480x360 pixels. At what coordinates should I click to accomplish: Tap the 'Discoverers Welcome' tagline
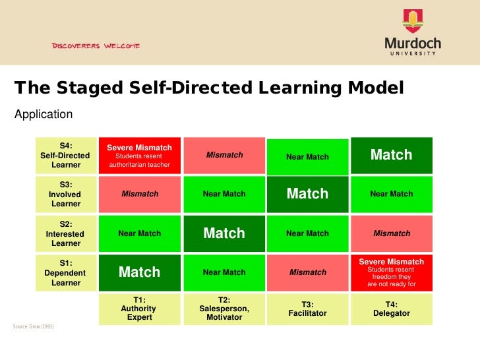tap(96, 46)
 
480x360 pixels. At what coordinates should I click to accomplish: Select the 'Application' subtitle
tap(44, 114)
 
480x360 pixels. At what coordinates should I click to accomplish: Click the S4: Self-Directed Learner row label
tap(66, 156)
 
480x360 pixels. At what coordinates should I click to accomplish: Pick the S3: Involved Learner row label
tap(66, 195)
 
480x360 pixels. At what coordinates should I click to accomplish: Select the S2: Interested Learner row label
tap(66, 233)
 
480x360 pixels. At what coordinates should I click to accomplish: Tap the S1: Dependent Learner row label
tap(66, 272)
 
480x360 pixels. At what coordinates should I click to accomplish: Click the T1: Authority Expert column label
tap(139, 309)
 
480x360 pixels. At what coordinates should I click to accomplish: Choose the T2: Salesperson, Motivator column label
tap(224, 309)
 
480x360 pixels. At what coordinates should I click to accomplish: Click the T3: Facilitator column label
tap(307, 309)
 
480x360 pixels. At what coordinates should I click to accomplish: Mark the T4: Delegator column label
tap(392, 309)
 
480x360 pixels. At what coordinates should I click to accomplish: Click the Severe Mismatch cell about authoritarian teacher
tap(139, 156)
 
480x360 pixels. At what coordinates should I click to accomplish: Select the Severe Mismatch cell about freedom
tap(392, 272)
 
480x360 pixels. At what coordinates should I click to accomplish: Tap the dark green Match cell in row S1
tap(139, 272)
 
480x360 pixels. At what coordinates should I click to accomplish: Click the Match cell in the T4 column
tap(392, 155)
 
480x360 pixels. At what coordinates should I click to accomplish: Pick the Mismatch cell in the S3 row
tap(139, 194)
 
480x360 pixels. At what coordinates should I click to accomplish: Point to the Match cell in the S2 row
tap(224, 233)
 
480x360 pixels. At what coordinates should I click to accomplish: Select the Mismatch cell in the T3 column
tap(307, 272)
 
